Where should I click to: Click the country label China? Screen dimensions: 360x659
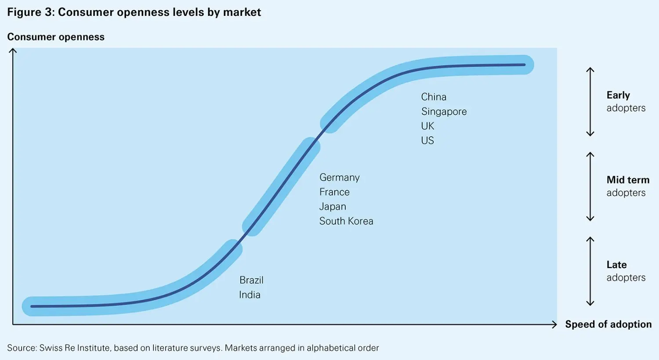point(434,97)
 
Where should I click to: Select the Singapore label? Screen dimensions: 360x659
point(444,112)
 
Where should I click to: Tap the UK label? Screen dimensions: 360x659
point(427,126)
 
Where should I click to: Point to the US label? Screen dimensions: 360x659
point(427,141)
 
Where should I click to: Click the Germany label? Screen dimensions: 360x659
point(339,178)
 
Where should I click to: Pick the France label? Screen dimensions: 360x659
point(334,192)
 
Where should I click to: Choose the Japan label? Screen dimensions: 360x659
point(333,207)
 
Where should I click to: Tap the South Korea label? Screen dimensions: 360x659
point(346,221)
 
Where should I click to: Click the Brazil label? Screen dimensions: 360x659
point(251,280)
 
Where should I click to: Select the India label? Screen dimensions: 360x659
point(250,295)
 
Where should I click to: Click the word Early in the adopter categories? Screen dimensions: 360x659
point(618,95)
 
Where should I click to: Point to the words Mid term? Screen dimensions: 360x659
point(628,180)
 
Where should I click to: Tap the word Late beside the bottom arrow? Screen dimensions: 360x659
point(616,265)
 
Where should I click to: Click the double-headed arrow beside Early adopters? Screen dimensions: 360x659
point(590,102)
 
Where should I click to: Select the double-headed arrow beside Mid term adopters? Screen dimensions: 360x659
point(590,187)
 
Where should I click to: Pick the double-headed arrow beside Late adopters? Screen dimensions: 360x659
point(590,271)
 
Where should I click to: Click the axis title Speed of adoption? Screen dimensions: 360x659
point(608,324)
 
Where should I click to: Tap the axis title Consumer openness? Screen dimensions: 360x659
point(56,37)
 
